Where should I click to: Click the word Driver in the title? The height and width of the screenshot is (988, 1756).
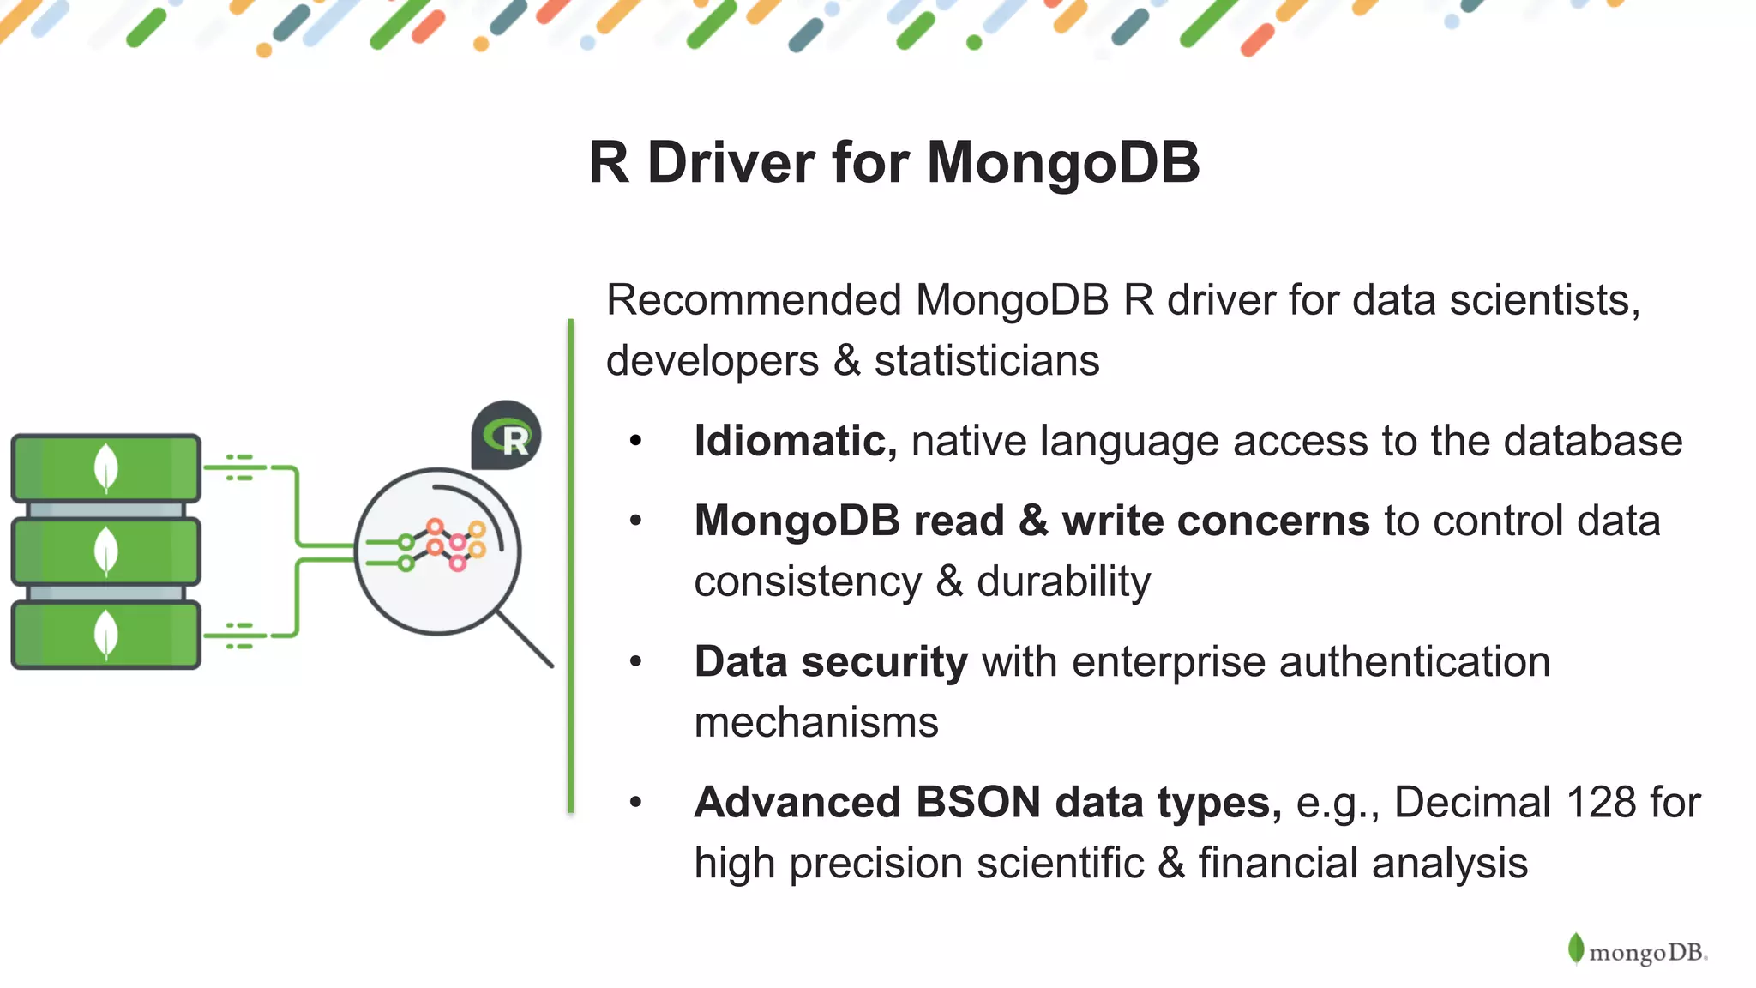[x=731, y=162]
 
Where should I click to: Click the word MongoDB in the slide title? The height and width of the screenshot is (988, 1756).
[x=1062, y=162]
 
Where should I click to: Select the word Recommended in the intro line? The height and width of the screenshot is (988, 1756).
[x=754, y=301]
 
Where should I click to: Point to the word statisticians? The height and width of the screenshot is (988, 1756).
[x=986, y=360]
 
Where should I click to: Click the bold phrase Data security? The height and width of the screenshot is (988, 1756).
[x=830, y=662]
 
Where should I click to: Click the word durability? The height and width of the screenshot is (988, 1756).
[x=1063, y=581]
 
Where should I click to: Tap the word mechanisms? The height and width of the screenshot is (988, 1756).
[x=815, y=722]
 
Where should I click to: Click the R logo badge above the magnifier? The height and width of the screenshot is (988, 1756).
[x=506, y=436]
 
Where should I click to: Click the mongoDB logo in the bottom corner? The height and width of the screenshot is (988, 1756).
[x=1638, y=951]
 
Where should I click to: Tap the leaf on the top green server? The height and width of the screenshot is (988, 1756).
[x=105, y=467]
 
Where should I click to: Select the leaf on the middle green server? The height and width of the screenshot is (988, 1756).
[x=105, y=551]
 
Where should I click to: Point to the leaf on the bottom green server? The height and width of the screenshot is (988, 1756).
[x=105, y=634]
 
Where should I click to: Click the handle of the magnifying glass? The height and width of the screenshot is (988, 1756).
[x=525, y=638]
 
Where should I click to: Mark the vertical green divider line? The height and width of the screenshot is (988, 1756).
[x=570, y=566]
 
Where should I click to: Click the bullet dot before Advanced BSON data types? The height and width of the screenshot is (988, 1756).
[x=635, y=803]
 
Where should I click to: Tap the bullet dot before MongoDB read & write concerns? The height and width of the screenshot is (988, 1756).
[x=635, y=521]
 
